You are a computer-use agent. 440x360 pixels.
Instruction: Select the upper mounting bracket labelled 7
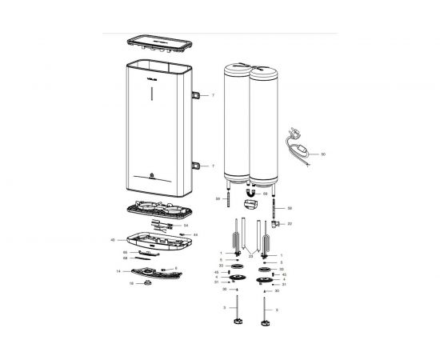pyautogui.click(x=196, y=95)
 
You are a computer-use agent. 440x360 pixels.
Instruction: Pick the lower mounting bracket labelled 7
pyautogui.click(x=196, y=166)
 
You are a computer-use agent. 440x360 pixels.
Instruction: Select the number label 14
pyautogui.click(x=118, y=271)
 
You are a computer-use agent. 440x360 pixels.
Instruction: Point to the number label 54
pyautogui.click(x=185, y=226)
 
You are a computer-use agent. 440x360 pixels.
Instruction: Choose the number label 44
pyautogui.click(x=194, y=234)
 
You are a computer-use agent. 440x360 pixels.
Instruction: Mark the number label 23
pyautogui.click(x=250, y=258)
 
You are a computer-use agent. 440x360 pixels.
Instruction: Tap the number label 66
pyautogui.click(x=126, y=252)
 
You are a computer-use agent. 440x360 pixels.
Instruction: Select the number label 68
pyautogui.click(x=126, y=258)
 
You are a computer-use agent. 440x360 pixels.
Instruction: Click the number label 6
pyautogui.click(x=175, y=268)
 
